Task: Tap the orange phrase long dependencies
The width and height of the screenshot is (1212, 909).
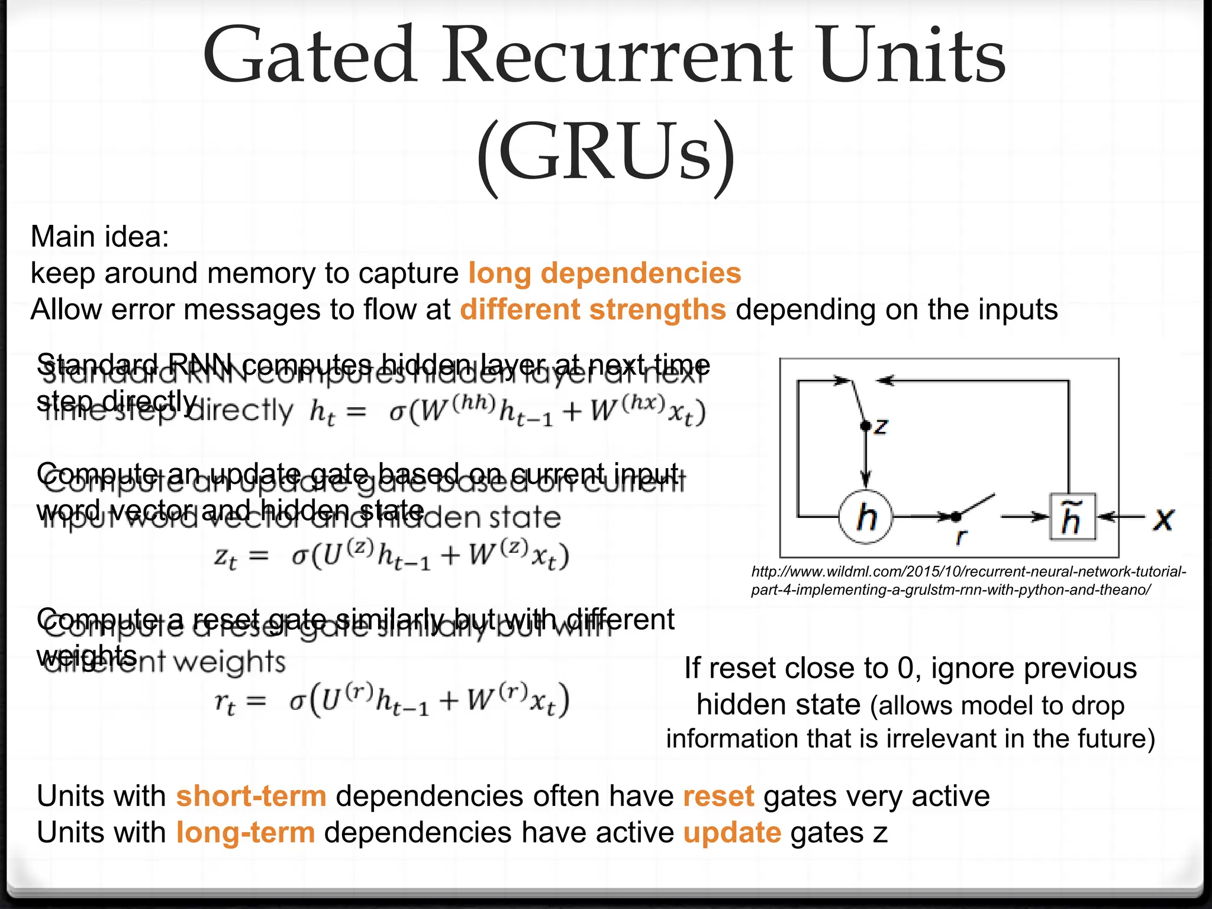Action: pos(604,273)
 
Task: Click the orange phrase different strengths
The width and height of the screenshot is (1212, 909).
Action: pos(592,310)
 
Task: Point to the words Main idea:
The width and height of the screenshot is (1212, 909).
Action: pos(100,237)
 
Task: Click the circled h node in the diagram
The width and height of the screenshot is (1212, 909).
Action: pos(866,517)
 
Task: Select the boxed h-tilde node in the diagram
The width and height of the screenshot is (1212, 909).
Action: pos(1072,517)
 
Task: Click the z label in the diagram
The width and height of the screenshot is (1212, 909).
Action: pos(881,426)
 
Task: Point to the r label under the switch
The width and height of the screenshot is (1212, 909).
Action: pos(961,537)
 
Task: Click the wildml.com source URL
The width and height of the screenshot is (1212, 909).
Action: pos(968,581)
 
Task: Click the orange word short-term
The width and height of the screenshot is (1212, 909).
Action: pos(251,796)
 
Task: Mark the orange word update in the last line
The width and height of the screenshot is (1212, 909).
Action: pos(732,833)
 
